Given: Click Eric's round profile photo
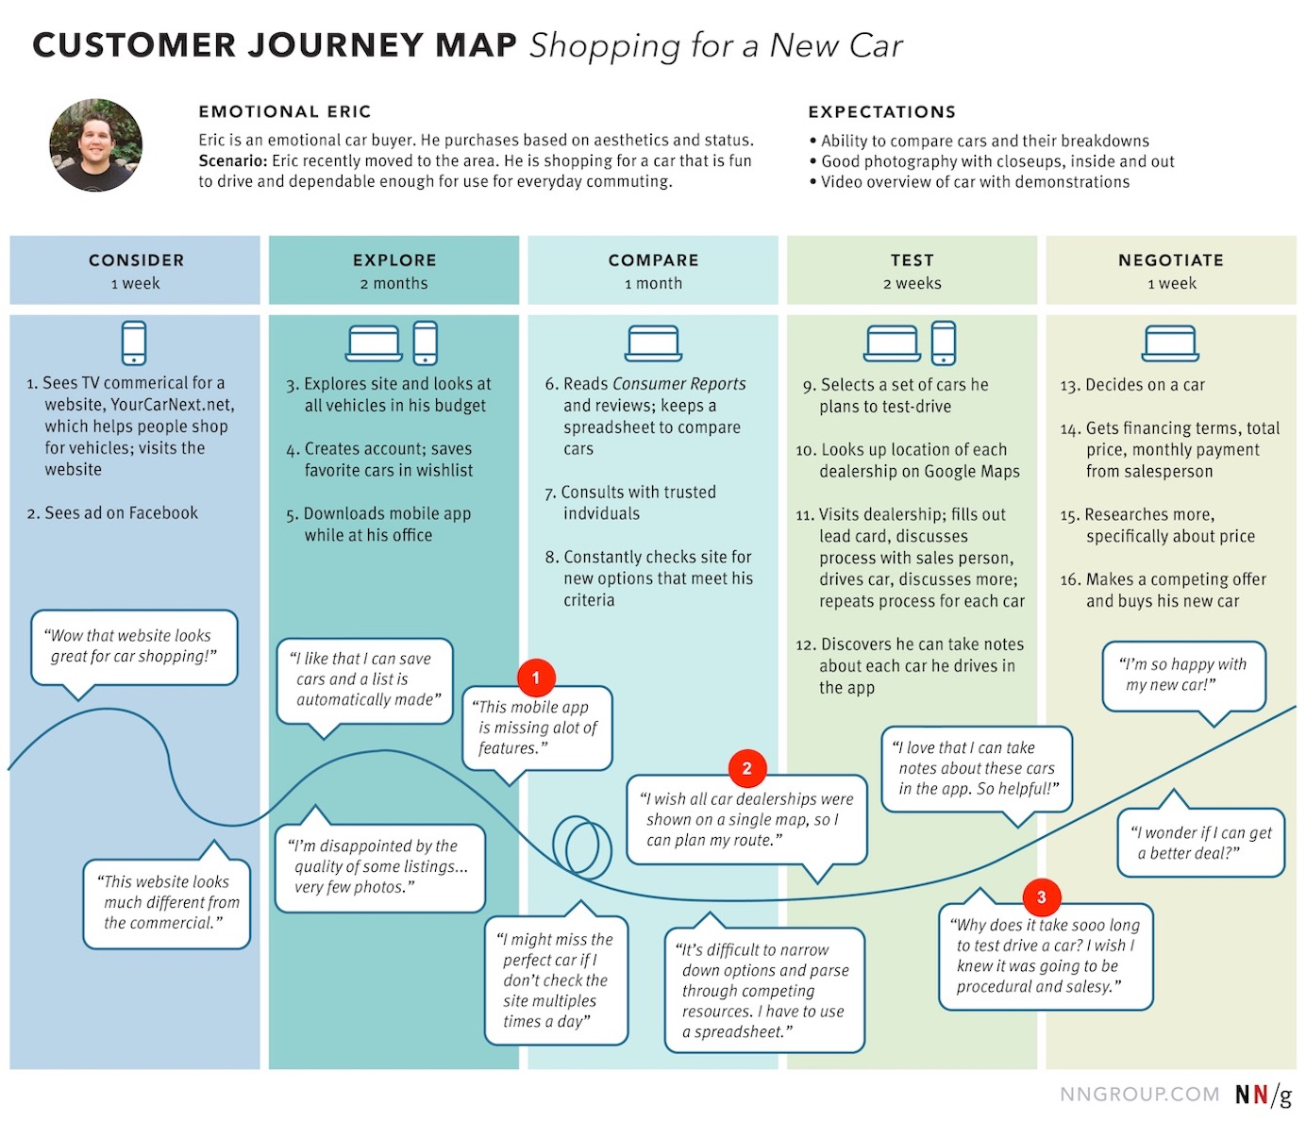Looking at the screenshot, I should [96, 146].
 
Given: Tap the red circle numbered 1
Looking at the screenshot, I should [536, 678].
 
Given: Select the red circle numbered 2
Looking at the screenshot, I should [746, 768].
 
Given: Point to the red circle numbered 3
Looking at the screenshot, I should [1041, 896].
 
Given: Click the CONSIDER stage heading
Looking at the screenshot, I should [136, 260].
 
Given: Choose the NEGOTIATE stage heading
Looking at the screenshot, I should [1170, 260].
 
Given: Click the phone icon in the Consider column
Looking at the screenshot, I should [134, 343].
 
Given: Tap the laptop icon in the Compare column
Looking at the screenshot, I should [653, 343].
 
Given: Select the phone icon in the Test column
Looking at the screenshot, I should [944, 343].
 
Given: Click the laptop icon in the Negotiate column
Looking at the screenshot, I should [1170, 343].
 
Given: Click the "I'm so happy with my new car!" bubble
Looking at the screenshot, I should [1184, 675].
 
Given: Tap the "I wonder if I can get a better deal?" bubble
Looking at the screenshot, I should [1201, 843].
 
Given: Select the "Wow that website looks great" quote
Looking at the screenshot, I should [133, 646].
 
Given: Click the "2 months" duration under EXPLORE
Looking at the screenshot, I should [393, 284].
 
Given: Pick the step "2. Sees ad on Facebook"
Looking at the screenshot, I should [113, 513].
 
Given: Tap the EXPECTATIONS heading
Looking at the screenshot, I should [881, 112].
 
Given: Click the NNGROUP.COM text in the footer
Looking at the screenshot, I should [1139, 1094].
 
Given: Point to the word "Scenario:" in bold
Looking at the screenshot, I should [233, 161].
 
